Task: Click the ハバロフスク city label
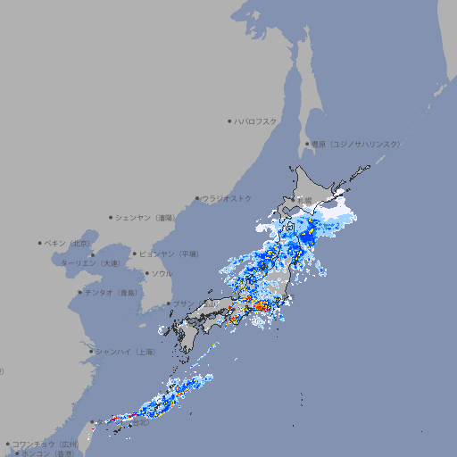pyautogui.click(x=256, y=121)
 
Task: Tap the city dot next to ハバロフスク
pyautogui.click(x=229, y=121)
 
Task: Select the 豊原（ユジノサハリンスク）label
pyautogui.click(x=356, y=144)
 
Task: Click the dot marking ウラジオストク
pyautogui.click(x=197, y=199)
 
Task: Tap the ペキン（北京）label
pyautogui.click(x=69, y=243)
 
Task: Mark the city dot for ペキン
pyautogui.click(x=40, y=243)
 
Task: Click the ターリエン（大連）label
pyautogui.click(x=90, y=263)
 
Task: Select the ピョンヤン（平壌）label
pyautogui.click(x=169, y=254)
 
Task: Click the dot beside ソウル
pyautogui.click(x=146, y=273)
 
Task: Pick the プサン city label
pyautogui.click(x=183, y=303)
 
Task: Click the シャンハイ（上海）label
pyautogui.click(x=124, y=352)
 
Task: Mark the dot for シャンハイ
pyautogui.click(x=91, y=352)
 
